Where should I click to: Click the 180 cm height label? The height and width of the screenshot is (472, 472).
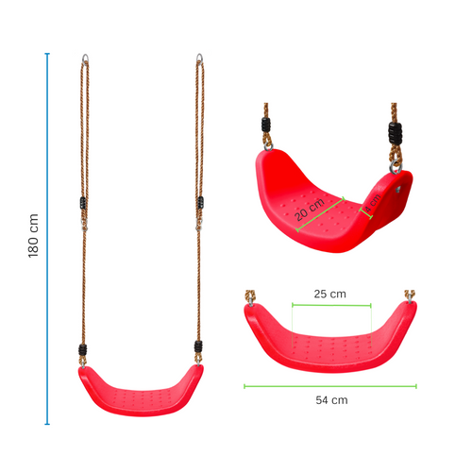[x=34, y=236]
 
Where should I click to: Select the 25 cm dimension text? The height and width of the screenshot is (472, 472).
[x=329, y=295]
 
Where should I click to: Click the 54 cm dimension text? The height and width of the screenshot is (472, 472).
[x=331, y=399]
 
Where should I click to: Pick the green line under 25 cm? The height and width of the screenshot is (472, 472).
[x=331, y=304]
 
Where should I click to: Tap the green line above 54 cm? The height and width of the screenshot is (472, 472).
[x=330, y=385]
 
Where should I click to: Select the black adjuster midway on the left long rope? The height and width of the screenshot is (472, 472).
[x=82, y=203]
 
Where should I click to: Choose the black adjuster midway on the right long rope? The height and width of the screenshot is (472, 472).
[x=200, y=203]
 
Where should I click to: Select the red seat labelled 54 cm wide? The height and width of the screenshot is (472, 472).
[x=330, y=339]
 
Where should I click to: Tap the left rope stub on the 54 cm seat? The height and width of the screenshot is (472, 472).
[x=250, y=297]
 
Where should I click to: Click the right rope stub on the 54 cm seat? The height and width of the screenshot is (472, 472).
[x=411, y=297]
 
